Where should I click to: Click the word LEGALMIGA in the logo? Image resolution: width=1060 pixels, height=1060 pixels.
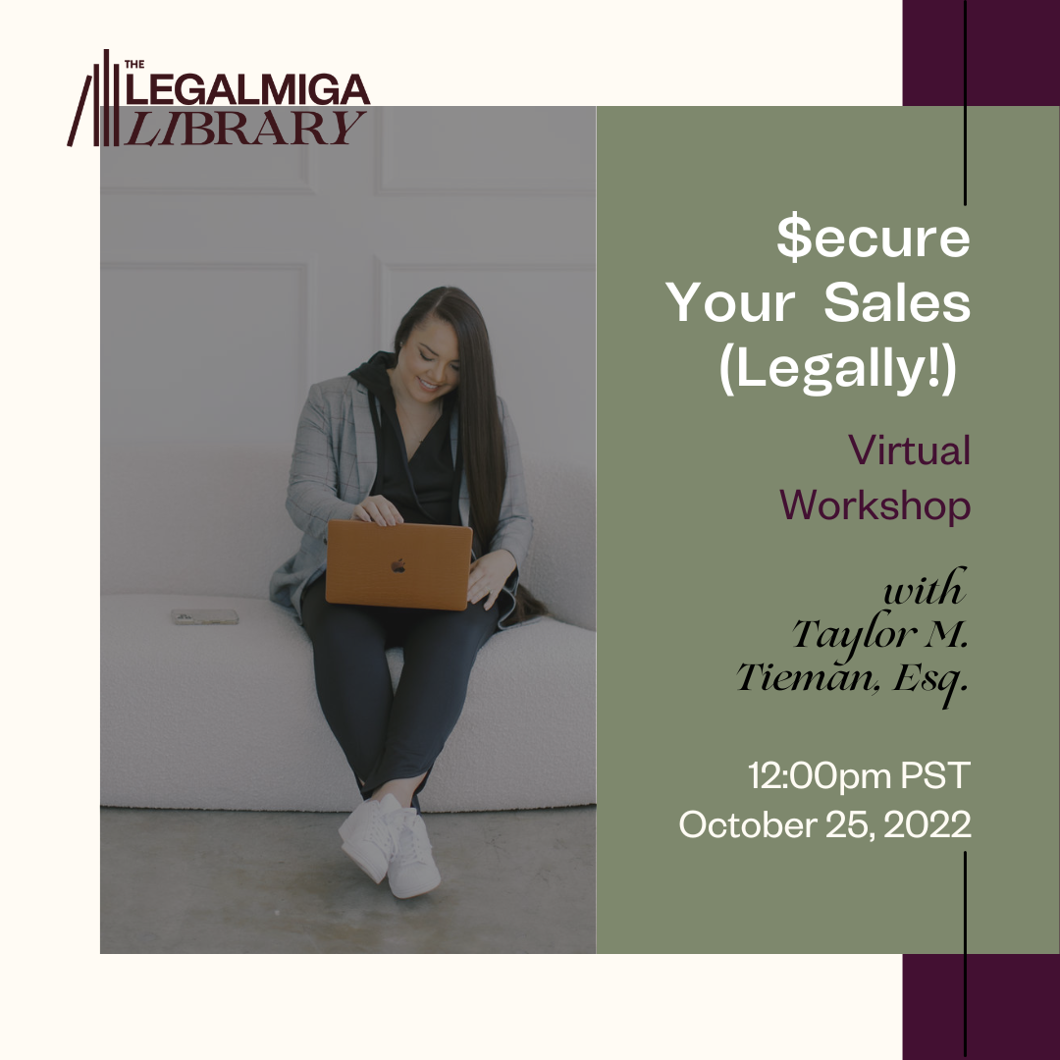click(247, 89)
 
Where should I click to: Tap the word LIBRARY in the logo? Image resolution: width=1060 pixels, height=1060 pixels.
click(245, 128)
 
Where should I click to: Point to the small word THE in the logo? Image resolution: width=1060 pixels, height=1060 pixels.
click(134, 64)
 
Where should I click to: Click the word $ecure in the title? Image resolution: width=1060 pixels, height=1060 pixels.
click(874, 238)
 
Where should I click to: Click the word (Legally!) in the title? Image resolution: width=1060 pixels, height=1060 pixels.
click(838, 368)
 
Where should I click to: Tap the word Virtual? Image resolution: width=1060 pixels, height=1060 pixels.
click(909, 450)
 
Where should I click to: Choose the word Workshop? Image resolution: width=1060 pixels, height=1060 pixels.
click(874, 505)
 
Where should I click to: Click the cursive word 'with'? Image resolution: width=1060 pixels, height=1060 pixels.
click(925, 588)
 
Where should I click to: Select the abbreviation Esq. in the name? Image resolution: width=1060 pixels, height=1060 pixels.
click(930, 680)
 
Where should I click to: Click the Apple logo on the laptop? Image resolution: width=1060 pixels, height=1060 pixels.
click(398, 565)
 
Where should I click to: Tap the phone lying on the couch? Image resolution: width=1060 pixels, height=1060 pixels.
click(204, 616)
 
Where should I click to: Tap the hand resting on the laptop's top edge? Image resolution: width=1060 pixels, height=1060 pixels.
click(378, 510)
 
